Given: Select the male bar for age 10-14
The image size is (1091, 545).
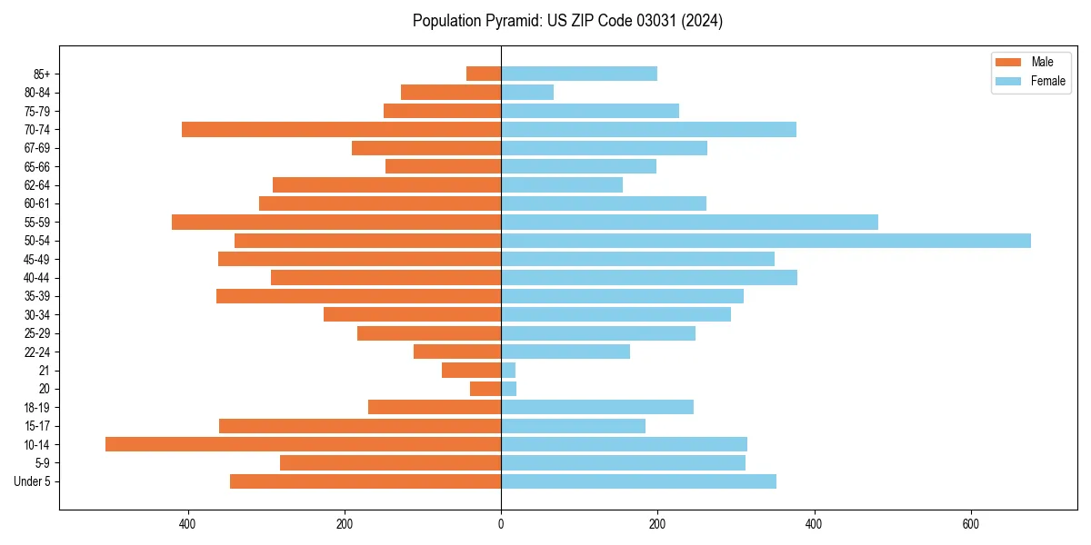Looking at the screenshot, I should [303, 444].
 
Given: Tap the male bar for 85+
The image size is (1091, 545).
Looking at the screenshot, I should [484, 74].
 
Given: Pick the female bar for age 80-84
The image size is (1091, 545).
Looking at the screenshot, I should [527, 92].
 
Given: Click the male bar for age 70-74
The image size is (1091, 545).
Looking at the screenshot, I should [341, 129].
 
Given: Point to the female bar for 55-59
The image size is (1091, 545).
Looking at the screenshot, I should [689, 222].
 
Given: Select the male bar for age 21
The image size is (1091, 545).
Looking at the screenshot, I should [471, 370].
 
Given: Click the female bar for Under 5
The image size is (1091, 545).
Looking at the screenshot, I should [638, 481].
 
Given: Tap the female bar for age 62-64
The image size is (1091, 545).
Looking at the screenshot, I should [562, 184].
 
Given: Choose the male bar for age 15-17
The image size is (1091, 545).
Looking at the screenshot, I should [360, 426].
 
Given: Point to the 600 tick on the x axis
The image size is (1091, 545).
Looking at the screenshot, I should [970, 524].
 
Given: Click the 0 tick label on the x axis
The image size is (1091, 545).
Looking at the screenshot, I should [501, 524].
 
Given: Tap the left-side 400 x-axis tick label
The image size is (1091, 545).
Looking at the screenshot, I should [188, 524].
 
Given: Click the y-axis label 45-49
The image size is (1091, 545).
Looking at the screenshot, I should [38, 259].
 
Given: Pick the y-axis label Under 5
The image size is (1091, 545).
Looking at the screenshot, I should [33, 481].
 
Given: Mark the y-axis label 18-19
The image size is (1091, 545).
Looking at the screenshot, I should [38, 407].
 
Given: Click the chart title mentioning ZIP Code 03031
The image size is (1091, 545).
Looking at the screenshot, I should [567, 21].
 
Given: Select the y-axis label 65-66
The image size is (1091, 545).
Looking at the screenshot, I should [38, 166].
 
